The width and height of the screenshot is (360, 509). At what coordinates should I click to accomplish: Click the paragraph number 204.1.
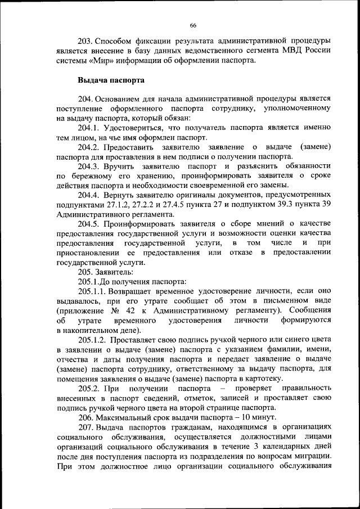(91, 128)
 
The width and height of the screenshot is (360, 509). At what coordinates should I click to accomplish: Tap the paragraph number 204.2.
(91, 147)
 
